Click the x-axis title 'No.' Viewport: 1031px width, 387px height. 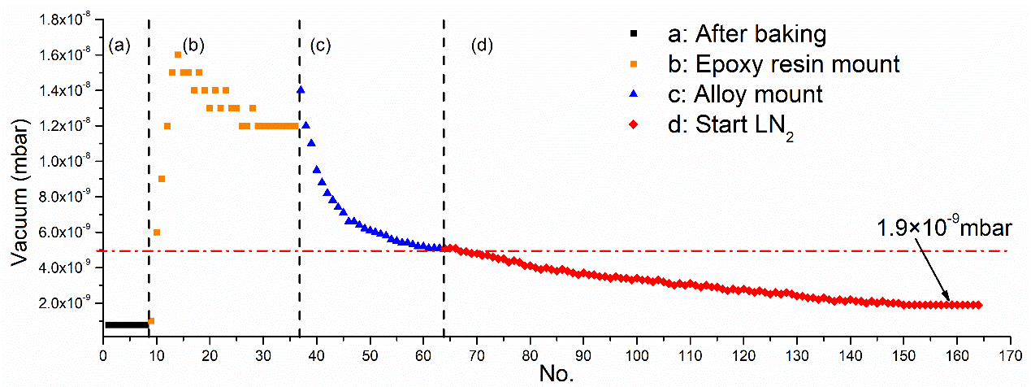click(556, 375)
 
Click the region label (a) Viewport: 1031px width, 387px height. click(119, 46)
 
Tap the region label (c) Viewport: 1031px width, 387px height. click(320, 46)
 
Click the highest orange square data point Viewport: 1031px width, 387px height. click(178, 54)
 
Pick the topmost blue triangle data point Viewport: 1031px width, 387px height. click(301, 89)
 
